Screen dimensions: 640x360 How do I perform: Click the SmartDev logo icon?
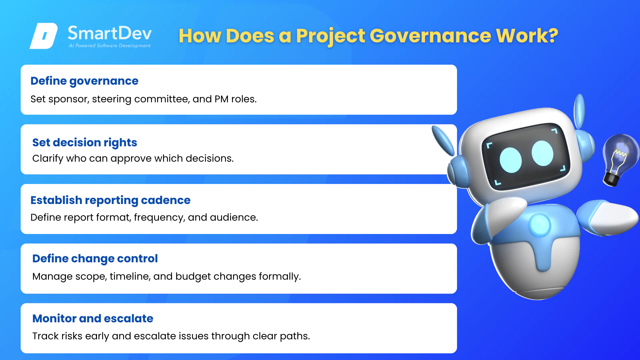(x=44, y=36)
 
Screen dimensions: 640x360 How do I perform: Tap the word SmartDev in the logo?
(x=110, y=33)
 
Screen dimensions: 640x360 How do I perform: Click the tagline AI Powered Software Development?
(x=110, y=46)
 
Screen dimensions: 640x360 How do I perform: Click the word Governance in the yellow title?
(x=430, y=36)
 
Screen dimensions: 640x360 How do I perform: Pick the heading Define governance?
(x=84, y=81)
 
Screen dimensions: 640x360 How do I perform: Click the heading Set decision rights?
(x=85, y=143)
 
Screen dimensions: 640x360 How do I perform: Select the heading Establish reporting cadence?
(x=110, y=200)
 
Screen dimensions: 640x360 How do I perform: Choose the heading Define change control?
(x=95, y=259)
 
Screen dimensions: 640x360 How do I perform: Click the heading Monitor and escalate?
(x=93, y=319)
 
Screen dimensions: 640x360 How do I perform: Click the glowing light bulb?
(x=619, y=159)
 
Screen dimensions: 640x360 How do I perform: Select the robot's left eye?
(x=510, y=160)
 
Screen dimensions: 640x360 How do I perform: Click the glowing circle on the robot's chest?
(x=539, y=225)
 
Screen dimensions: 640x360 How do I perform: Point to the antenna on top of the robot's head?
(x=580, y=111)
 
